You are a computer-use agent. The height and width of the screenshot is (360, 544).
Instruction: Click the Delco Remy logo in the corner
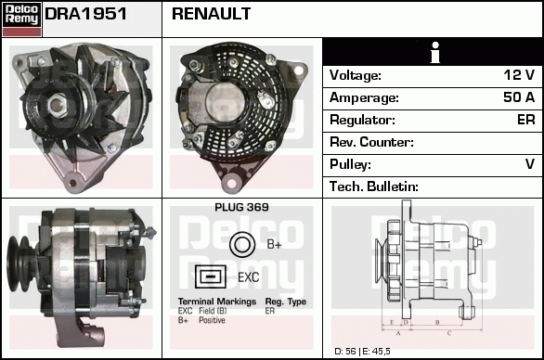[x=21, y=19]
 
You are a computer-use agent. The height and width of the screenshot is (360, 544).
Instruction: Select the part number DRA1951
[x=85, y=14]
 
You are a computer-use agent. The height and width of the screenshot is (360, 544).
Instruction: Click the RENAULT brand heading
[x=211, y=14]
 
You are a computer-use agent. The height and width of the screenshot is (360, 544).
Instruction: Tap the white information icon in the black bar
[x=435, y=53]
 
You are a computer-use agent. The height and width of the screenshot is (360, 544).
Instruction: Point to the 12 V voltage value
[x=519, y=75]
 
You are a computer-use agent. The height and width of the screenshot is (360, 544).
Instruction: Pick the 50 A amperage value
[x=519, y=97]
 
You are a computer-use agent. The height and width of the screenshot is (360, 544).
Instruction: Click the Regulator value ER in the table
[x=526, y=120]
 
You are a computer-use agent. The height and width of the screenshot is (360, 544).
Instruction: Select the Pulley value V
[x=530, y=164]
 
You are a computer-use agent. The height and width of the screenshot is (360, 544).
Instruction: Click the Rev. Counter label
[x=371, y=142]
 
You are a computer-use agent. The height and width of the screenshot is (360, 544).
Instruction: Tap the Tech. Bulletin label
[x=374, y=186]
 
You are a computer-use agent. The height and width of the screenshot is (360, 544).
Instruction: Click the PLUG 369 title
[x=241, y=207]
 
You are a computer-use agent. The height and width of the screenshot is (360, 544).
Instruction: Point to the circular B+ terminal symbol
[x=242, y=245]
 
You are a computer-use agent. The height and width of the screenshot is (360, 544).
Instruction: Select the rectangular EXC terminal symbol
[x=210, y=276]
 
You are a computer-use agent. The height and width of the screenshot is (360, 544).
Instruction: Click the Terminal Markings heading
[x=217, y=302]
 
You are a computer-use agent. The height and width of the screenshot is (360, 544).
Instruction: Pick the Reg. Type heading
[x=286, y=302]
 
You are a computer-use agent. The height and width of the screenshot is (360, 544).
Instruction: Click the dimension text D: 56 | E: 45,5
[x=362, y=352]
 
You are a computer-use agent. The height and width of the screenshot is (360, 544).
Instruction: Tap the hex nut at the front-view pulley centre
[x=57, y=105]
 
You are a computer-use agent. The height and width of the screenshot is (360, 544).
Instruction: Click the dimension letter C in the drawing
[x=449, y=333]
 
